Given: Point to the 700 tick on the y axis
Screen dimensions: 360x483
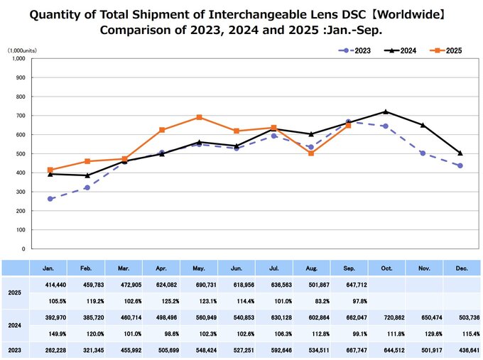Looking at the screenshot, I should [x=20, y=115].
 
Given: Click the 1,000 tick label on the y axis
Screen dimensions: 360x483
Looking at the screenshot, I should [x=17, y=58].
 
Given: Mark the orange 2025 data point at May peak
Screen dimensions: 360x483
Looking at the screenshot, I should [x=200, y=117].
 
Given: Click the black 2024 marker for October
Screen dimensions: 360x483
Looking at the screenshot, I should [x=386, y=111].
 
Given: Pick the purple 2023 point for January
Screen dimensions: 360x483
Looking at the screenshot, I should [x=50, y=199].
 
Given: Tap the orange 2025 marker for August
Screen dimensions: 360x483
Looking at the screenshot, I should [x=311, y=153].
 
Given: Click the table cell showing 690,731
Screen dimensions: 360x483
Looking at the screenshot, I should [x=200, y=284].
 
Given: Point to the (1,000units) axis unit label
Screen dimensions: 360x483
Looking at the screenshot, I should [x=23, y=50].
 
